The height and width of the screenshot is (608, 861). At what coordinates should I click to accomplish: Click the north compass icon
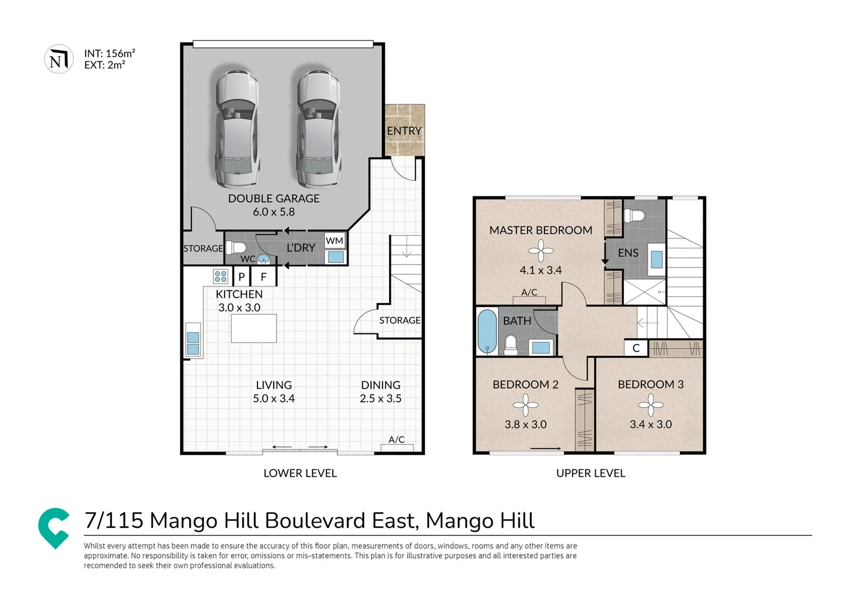click(x=59, y=59)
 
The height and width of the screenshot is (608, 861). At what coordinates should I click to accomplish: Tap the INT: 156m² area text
click(x=109, y=53)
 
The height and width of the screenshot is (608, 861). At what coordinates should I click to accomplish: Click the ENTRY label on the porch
click(x=404, y=131)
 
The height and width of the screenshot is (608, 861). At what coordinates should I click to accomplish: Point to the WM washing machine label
click(x=334, y=241)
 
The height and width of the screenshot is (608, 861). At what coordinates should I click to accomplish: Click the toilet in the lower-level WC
click(x=236, y=248)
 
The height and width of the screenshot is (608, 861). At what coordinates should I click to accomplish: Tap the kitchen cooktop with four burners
click(x=220, y=276)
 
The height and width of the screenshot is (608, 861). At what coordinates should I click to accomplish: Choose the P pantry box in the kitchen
click(x=242, y=276)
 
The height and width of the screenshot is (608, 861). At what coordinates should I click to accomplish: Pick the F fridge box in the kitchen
click(x=263, y=276)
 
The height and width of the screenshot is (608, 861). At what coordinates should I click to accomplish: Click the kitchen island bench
click(x=253, y=328)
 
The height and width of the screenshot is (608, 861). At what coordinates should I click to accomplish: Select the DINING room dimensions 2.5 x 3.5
click(x=381, y=399)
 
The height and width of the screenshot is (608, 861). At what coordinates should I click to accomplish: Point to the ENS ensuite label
click(x=628, y=253)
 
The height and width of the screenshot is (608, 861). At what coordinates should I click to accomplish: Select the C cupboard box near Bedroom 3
click(x=636, y=348)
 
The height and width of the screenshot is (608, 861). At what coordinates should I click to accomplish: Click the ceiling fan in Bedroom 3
click(x=650, y=404)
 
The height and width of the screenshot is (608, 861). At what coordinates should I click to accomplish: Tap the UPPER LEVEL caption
click(x=591, y=473)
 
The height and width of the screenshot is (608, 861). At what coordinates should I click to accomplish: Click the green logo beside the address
click(x=54, y=527)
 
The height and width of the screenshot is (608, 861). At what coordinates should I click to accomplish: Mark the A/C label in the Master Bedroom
click(x=529, y=292)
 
